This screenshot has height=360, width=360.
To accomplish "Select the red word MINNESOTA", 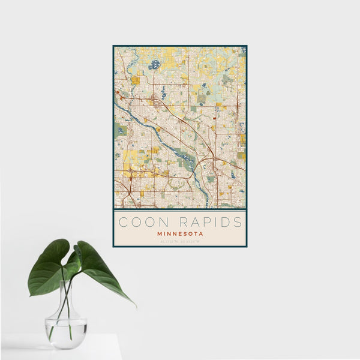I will tap(180, 233).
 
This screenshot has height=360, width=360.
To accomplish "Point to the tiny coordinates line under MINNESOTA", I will tap(180, 241).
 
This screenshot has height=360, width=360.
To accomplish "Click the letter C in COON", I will tap(122, 222).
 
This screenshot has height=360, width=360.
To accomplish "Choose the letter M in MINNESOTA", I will tap(159, 233).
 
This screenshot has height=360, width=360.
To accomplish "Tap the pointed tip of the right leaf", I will tap(134, 305).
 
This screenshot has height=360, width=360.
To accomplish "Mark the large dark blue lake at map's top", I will tap(155, 64).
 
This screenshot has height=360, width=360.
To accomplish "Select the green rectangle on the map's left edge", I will tap(121, 129).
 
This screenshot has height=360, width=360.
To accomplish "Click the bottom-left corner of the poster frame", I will tap(113, 246).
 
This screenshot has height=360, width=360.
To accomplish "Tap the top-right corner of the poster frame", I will tap(246, 46).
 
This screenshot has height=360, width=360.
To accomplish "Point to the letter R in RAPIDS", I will tap(175, 222).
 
